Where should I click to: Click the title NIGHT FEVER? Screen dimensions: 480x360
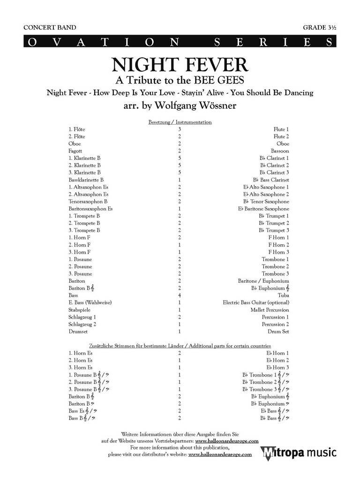click(x=180, y=65)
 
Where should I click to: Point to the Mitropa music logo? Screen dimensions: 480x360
click(x=299, y=453)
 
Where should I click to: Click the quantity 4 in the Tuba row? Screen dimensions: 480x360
click(x=180, y=295)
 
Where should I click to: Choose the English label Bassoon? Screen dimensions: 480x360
click(x=280, y=151)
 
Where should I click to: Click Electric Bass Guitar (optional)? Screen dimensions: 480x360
click(x=256, y=303)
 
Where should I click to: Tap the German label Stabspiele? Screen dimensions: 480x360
click(x=79, y=310)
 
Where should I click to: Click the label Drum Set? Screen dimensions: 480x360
click(x=278, y=331)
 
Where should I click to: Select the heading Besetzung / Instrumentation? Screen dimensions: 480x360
click(x=180, y=122)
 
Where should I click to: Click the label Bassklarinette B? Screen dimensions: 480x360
click(x=86, y=180)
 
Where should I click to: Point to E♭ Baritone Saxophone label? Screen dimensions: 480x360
click(x=263, y=209)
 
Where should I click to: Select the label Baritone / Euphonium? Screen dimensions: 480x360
click(x=263, y=281)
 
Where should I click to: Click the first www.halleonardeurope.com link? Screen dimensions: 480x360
click(x=227, y=441)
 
